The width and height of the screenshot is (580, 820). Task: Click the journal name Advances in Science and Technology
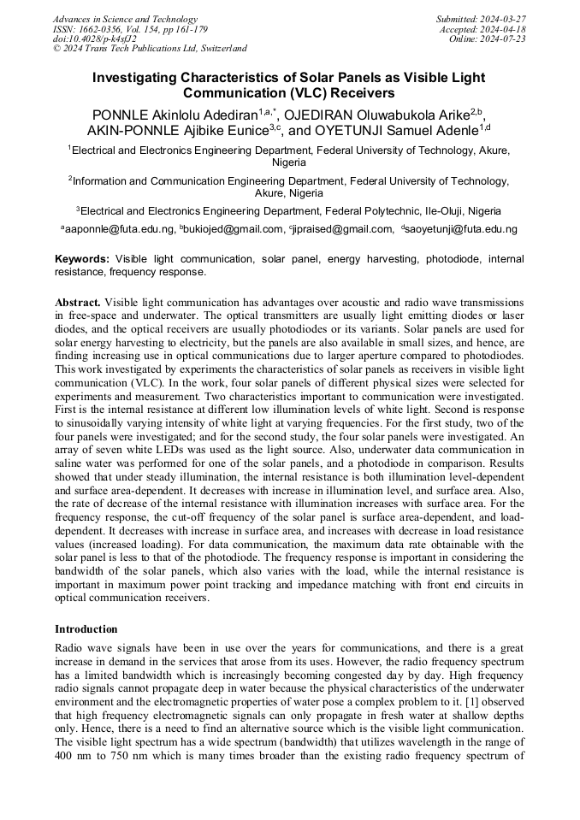tap(125, 19)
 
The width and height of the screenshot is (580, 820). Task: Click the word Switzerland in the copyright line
tap(219, 49)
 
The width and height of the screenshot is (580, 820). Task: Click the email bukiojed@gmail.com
tap(234, 229)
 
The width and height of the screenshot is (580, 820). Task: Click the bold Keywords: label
tap(82, 258)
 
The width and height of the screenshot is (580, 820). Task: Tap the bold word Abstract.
tap(78, 303)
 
